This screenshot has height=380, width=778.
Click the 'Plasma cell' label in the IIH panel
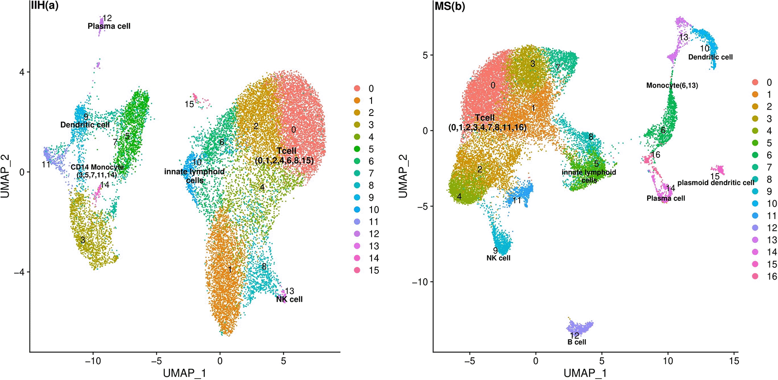109,26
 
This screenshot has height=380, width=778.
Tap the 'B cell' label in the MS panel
577,342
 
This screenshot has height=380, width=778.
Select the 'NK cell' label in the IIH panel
289,299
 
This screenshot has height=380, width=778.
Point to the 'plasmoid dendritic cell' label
716,183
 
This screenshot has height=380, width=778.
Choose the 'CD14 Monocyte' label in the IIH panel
97,167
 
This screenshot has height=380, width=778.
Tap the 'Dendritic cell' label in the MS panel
710,57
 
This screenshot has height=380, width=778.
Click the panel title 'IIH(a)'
44,6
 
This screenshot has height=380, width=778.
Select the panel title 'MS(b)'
450,7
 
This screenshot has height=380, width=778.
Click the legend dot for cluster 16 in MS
755,276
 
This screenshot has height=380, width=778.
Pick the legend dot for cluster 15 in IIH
357,270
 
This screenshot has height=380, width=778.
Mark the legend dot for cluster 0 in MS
755,82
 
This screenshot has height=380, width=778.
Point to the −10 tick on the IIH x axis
93,361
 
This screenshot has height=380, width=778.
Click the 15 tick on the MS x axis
734,361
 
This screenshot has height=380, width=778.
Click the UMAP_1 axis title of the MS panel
585,374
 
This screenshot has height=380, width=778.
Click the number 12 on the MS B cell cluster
575,335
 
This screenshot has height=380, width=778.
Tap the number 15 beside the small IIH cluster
189,105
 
